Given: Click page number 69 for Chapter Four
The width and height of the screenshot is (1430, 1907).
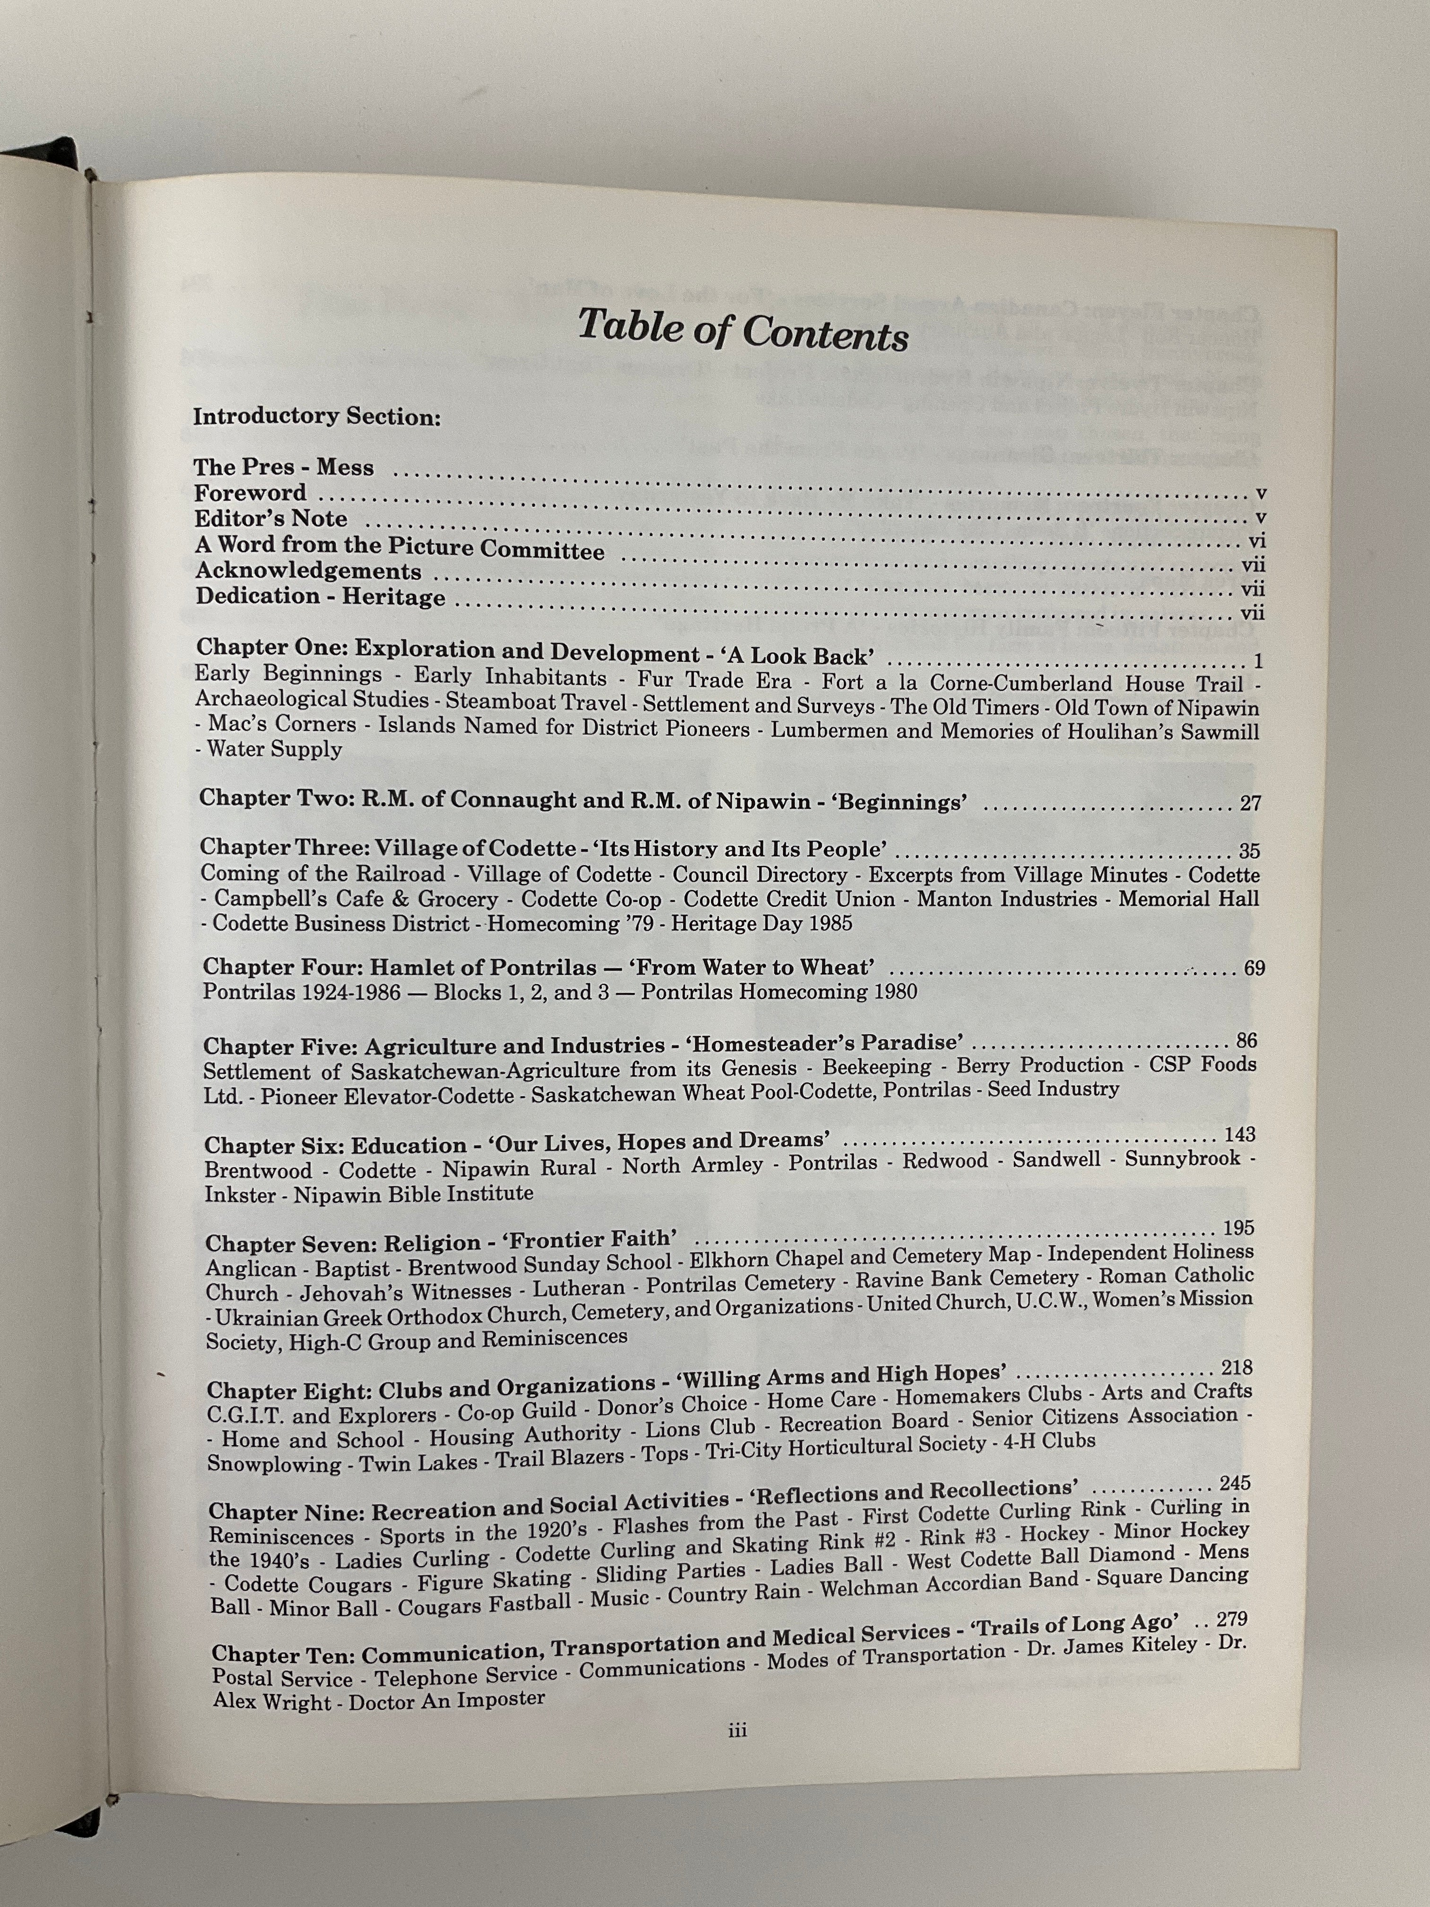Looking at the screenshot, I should pyautogui.click(x=1254, y=968).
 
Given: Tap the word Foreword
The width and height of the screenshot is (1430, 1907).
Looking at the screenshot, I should pyautogui.click(x=250, y=493).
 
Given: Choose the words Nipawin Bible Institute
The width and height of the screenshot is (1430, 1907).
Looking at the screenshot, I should pyautogui.click(x=413, y=1194).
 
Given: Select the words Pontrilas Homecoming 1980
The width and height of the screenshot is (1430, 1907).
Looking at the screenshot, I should pyautogui.click(x=778, y=991).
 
